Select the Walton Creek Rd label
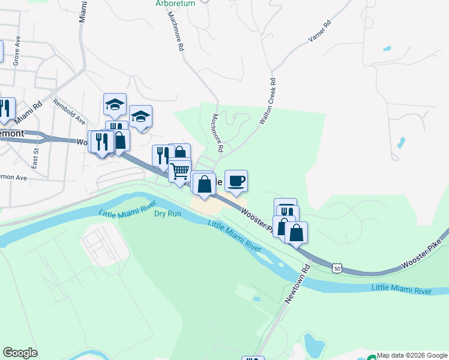pos(267,101)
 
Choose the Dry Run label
pos(167,214)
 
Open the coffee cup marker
pos(236,181)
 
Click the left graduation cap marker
pos(115,104)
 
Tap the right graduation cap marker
pos(140,116)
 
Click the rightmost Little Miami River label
pos(402,290)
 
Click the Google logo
pos(20,353)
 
